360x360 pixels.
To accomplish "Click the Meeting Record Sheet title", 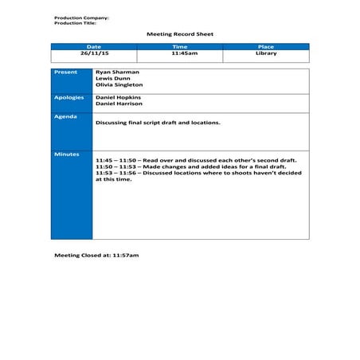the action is pyautogui.click(x=180, y=34).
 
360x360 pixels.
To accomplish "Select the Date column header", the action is pyautogui.click(x=94, y=47).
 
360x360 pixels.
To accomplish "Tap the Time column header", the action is pyautogui.click(x=180, y=47).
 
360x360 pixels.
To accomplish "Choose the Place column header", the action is pyautogui.click(x=266, y=47).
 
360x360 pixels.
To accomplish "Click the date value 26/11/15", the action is pyautogui.click(x=94, y=53).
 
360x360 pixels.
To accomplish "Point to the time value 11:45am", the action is pyautogui.click(x=180, y=53).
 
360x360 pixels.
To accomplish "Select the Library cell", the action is pyautogui.click(x=266, y=53).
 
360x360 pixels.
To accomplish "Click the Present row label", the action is pyautogui.click(x=65, y=72).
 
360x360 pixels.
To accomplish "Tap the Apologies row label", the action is pyautogui.click(x=68, y=96).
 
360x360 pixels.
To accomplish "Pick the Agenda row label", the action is pyautogui.click(x=65, y=116).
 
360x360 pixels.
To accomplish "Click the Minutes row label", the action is pyautogui.click(x=66, y=154).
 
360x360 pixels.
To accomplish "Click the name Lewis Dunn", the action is pyautogui.click(x=112, y=78).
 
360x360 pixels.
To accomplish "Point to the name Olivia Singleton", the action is pyautogui.click(x=119, y=84).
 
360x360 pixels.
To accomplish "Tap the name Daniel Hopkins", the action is pyautogui.click(x=119, y=97).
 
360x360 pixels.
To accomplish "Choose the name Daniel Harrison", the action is pyautogui.click(x=119, y=104).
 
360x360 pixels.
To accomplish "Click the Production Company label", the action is pyautogui.click(x=82, y=17).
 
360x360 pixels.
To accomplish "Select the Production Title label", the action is pyautogui.click(x=76, y=22).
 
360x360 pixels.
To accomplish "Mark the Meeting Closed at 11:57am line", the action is pyautogui.click(x=96, y=255).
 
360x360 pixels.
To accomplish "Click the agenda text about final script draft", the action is pyautogui.click(x=158, y=123).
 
